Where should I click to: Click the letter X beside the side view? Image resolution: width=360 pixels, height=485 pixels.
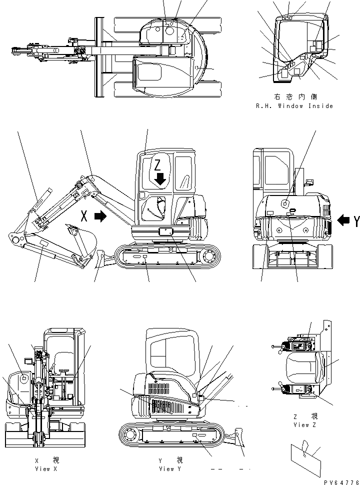(x=85, y=216)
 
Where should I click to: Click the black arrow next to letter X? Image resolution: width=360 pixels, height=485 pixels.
(x=100, y=216)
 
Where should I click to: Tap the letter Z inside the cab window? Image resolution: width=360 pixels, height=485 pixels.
(x=158, y=165)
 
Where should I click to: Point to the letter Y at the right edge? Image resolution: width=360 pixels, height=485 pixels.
(x=356, y=220)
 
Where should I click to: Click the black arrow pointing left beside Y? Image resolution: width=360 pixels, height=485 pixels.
(x=343, y=220)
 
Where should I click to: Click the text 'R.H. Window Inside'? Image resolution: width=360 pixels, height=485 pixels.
(x=293, y=106)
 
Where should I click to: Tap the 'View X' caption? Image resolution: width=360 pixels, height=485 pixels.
(x=42, y=469)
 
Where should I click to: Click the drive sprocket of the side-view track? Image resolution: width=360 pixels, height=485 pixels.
(x=209, y=256)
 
